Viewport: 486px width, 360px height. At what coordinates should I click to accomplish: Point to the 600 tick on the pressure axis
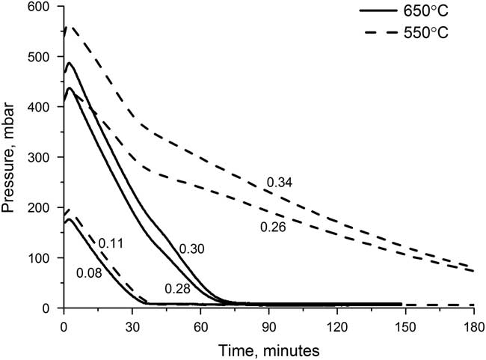click(40, 7)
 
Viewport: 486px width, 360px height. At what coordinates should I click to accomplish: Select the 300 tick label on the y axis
click(40, 158)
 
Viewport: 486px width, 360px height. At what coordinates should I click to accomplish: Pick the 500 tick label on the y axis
click(40, 58)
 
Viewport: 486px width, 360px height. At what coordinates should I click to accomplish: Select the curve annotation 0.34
click(279, 182)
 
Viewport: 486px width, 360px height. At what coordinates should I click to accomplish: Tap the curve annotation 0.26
click(272, 228)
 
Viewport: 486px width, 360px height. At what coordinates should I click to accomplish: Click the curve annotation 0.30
click(192, 249)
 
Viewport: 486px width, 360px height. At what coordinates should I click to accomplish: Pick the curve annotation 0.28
click(176, 288)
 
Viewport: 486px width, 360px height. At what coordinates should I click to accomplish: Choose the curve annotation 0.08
click(89, 273)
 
